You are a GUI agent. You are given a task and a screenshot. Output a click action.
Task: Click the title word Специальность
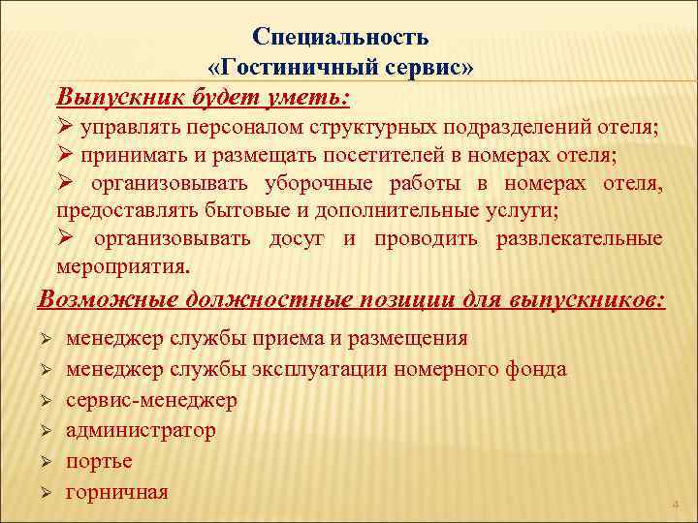[x=340, y=37]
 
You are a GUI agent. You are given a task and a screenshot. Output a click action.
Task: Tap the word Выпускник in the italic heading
[x=114, y=98]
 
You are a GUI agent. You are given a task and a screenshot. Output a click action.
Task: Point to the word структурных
[x=359, y=128]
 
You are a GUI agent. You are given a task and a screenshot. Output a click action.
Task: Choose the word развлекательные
[x=580, y=239]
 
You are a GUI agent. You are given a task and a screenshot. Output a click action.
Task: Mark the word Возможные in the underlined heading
[x=102, y=299]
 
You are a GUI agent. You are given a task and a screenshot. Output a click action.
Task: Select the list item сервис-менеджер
[x=150, y=400]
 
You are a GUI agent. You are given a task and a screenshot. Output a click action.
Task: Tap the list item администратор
[x=141, y=430]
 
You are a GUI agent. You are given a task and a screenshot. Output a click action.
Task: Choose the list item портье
[x=99, y=461]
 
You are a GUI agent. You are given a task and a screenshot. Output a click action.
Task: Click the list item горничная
[x=116, y=492]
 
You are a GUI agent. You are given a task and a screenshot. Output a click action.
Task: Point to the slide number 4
[x=676, y=505]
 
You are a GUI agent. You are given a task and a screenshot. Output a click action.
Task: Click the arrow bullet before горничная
[x=45, y=494]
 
